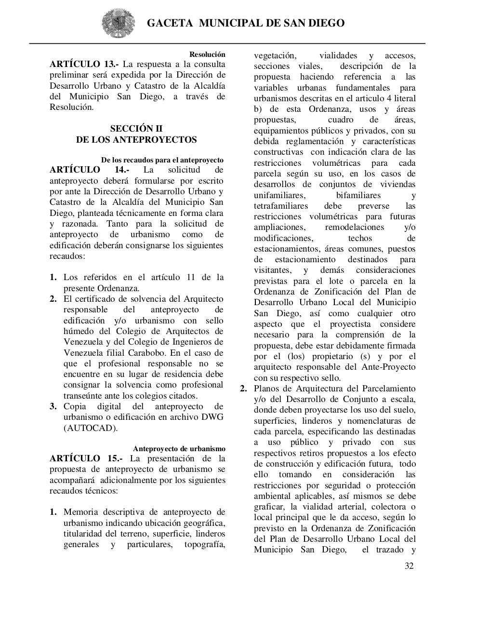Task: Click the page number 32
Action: click(x=409, y=566)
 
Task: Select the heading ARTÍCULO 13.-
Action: click(x=84, y=64)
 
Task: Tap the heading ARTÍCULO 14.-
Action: click(x=89, y=170)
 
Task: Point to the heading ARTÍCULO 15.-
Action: click(x=86, y=458)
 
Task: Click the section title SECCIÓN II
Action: click(x=136, y=129)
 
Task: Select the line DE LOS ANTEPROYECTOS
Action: click(x=136, y=140)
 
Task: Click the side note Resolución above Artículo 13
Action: click(x=207, y=54)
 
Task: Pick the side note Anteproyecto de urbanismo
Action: click(x=179, y=449)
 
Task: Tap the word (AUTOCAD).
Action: click(x=90, y=428)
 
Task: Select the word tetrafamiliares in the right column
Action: click(x=281, y=206)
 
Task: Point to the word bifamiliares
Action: click(x=358, y=195)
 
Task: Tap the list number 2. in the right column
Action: click(x=244, y=389)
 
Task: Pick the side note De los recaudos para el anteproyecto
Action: click(x=162, y=160)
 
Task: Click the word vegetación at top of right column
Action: click(x=275, y=55)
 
